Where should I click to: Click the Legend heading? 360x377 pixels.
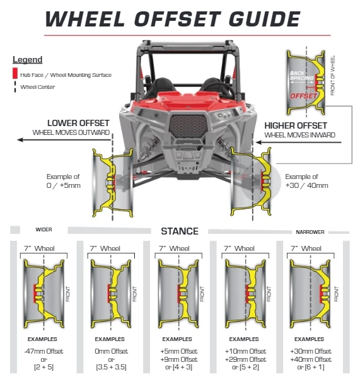[27, 60]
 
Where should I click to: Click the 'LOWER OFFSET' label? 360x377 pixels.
[78, 123]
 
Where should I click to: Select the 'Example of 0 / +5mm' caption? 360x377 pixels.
[64, 181]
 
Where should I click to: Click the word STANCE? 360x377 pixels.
[180, 231]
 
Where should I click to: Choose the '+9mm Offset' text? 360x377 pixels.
[179, 359]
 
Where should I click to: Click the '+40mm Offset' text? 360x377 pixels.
[311, 359]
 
